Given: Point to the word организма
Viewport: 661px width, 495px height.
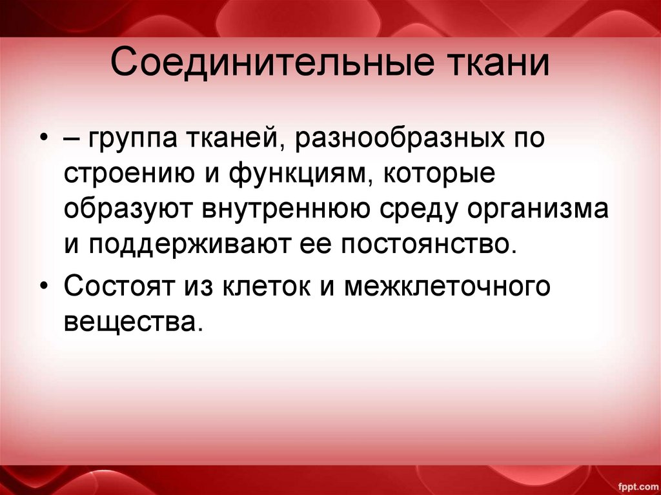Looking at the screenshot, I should point(548,211).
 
